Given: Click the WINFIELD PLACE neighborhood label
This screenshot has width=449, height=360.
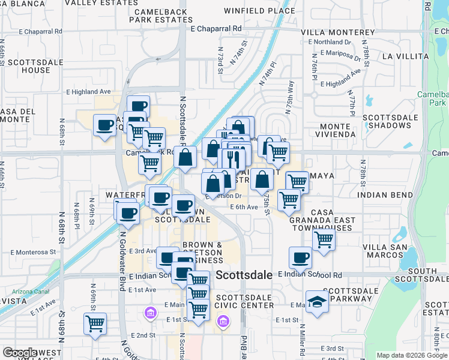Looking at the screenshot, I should coord(259,11).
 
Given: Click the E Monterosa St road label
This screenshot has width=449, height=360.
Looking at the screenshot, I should coord(32,253).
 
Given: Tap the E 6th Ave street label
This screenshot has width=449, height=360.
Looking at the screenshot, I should coord(244,207).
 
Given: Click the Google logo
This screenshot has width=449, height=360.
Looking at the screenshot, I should coord(20,353).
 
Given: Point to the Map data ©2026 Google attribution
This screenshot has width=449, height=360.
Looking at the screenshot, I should coord(412,355).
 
